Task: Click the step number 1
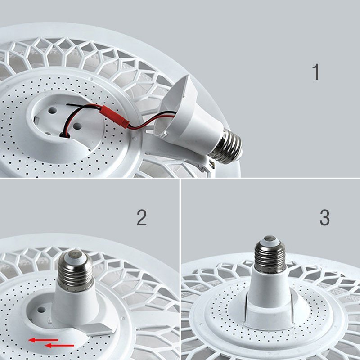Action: (316, 72)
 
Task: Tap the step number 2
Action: (142, 218)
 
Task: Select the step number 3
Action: (324, 218)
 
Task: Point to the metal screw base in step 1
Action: (227, 146)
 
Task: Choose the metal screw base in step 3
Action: (270, 254)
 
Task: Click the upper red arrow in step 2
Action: (43, 340)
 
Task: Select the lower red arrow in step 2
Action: (59, 345)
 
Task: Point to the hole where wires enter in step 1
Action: (65, 135)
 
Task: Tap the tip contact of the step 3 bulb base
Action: (270, 238)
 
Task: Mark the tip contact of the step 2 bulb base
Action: (75, 254)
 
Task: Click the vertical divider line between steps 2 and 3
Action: (180, 269)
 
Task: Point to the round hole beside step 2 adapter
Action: (41, 310)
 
